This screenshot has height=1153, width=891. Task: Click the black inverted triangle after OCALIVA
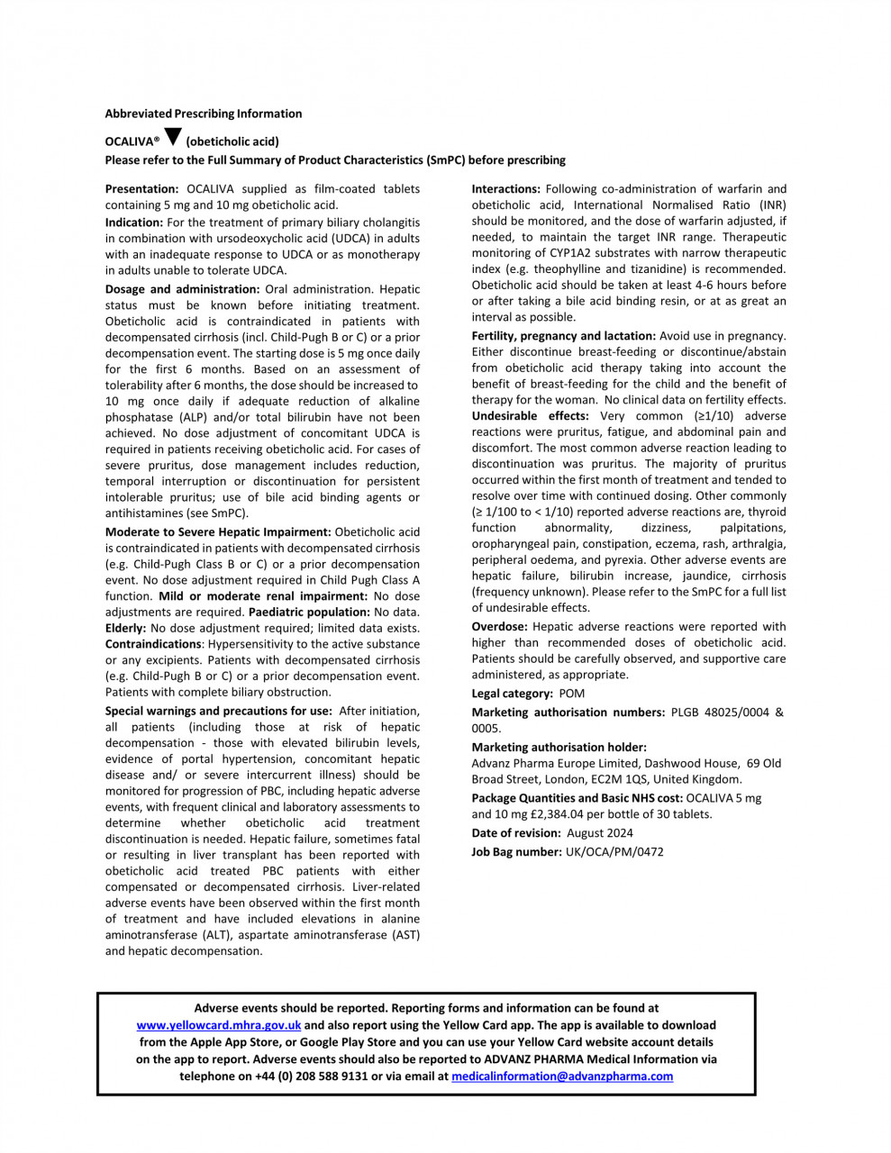(x=174, y=138)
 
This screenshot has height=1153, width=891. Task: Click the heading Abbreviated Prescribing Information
(x=204, y=113)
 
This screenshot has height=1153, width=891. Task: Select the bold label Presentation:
(x=142, y=189)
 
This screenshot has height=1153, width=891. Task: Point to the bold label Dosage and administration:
(x=182, y=289)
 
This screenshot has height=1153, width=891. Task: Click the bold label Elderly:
(x=125, y=628)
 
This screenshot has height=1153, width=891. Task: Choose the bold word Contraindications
(x=153, y=644)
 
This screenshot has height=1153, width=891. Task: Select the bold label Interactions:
(x=506, y=189)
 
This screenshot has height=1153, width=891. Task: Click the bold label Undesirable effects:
(x=531, y=416)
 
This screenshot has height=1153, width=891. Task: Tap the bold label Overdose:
(x=500, y=627)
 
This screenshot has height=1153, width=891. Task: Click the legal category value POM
(x=572, y=694)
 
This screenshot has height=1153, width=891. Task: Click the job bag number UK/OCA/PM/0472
(x=614, y=851)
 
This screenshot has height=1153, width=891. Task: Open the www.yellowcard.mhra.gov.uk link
(x=219, y=1025)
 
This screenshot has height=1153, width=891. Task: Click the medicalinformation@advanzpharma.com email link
(x=562, y=1076)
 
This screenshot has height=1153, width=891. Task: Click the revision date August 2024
(x=600, y=833)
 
